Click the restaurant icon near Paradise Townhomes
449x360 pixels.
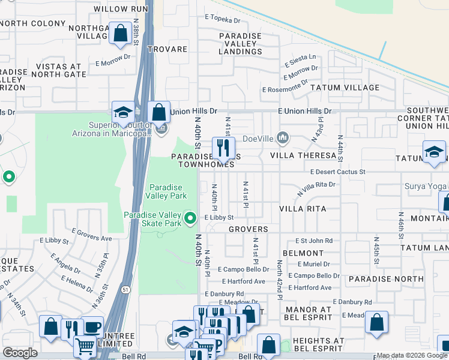[x=223, y=148]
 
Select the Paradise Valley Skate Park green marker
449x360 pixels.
[x=191, y=218]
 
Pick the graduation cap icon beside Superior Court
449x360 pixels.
[x=123, y=112]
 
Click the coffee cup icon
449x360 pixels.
[x=92, y=327]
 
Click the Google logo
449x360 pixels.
[x=20, y=353]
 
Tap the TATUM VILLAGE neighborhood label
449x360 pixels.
[x=345, y=88]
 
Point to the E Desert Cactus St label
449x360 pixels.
[x=337, y=172]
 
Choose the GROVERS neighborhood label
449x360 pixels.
[x=247, y=229]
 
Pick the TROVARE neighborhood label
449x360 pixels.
[x=167, y=49]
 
